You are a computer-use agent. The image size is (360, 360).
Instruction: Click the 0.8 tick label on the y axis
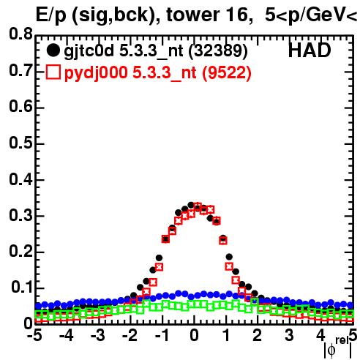coord(20,34)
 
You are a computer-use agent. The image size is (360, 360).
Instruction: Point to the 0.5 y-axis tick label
coord(20,143)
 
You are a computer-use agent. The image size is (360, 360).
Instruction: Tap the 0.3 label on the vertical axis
coord(20,215)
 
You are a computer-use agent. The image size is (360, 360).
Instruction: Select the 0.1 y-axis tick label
coord(22,287)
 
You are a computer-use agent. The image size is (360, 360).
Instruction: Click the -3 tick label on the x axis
coord(98,335)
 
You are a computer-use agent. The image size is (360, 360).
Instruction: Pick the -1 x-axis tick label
coord(162,335)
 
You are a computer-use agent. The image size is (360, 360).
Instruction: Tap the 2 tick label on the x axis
coord(258,335)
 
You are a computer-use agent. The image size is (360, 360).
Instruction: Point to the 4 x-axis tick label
coord(320,335)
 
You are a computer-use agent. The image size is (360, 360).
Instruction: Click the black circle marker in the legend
coord(53,50)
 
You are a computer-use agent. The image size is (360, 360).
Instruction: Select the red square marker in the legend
coord(53,72)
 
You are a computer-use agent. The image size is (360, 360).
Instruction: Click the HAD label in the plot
coord(310,50)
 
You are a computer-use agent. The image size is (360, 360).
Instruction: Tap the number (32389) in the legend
coord(218,50)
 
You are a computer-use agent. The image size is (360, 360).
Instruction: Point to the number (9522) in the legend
coord(227,72)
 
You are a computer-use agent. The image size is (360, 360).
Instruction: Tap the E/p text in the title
coord(51,16)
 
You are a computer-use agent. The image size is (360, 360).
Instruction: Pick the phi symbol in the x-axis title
coord(331,350)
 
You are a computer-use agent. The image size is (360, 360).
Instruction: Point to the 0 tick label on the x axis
coord(194,335)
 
